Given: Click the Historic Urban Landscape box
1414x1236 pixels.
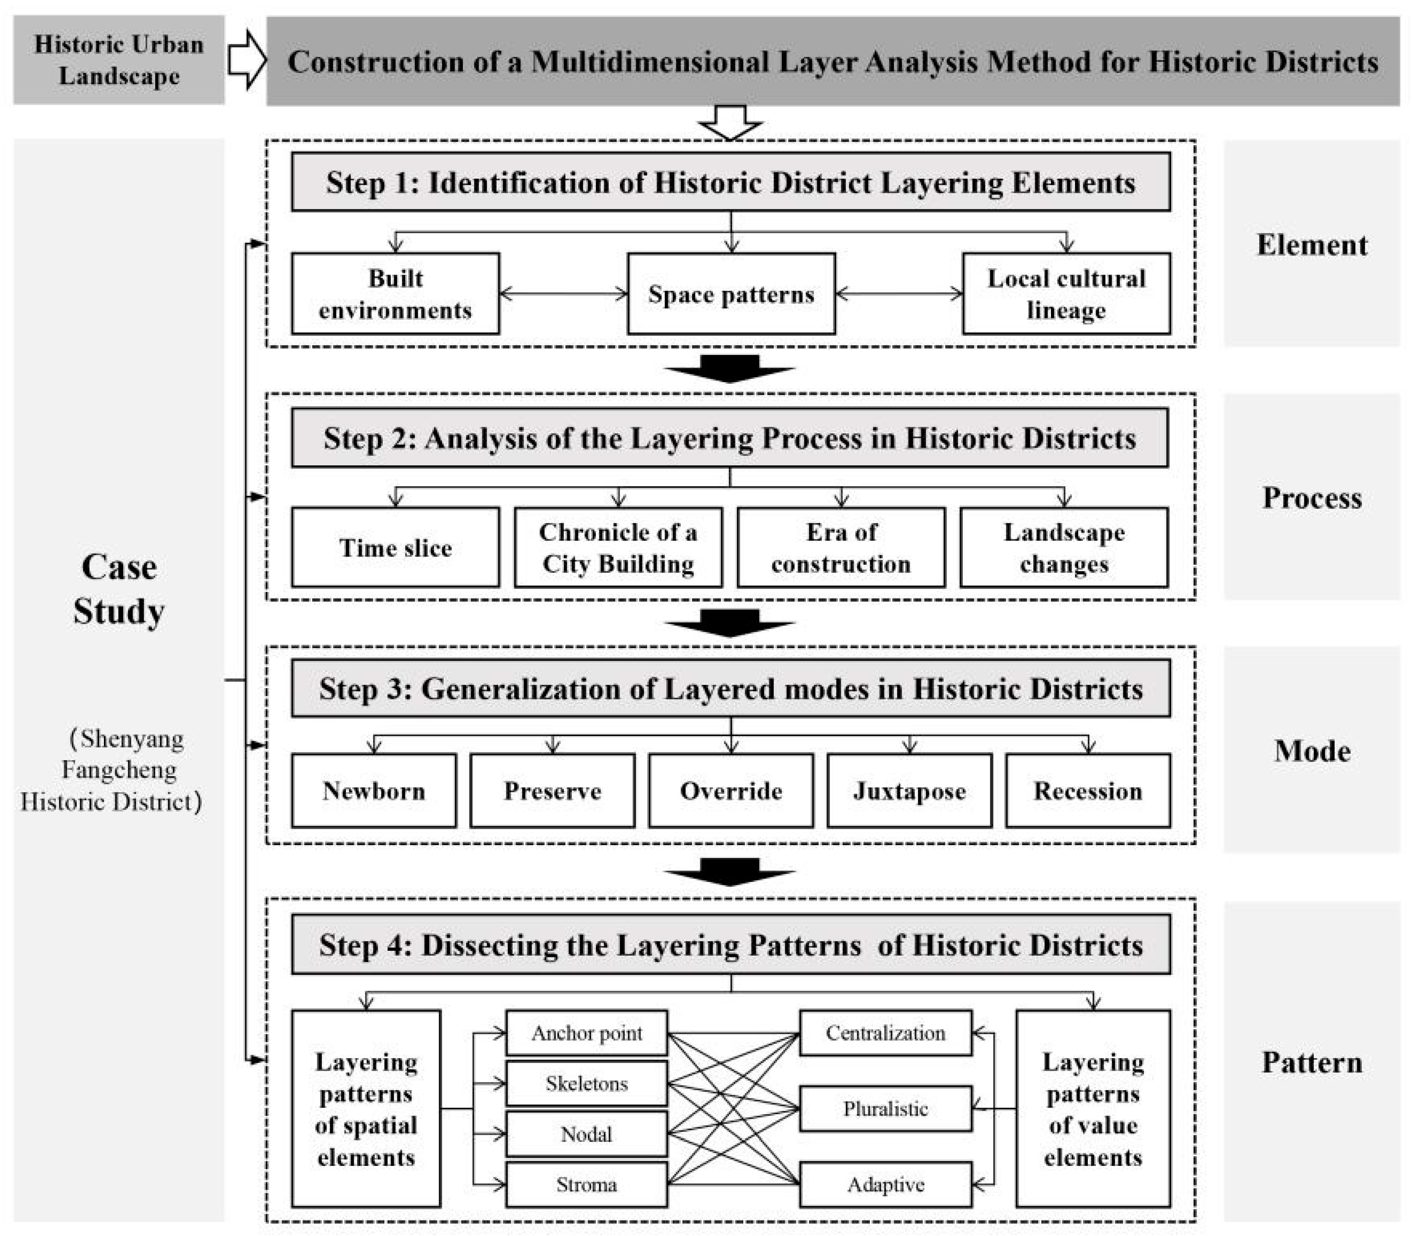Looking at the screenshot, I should pos(119,60).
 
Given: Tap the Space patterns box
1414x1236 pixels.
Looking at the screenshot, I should pos(731,294).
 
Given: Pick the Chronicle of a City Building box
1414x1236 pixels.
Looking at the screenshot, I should pos(618,548).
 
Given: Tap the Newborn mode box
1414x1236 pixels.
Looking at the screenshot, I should pos(374,790).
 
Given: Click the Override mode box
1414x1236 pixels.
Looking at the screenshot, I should pos(731,790).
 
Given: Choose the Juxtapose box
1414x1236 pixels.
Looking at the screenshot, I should pos(909,790).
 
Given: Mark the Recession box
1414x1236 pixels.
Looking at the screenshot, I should pos(1088,790).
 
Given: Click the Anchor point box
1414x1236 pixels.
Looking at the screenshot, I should pos(587,1033).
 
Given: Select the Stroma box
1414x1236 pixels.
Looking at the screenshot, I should pos(587,1185).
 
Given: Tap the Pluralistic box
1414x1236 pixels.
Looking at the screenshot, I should pos(885,1109).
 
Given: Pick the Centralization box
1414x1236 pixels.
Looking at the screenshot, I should pos(885,1033).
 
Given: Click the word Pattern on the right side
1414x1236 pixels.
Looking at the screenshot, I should pos(1312,1062).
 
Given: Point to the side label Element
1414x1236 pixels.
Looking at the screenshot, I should pos(1312,245).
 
